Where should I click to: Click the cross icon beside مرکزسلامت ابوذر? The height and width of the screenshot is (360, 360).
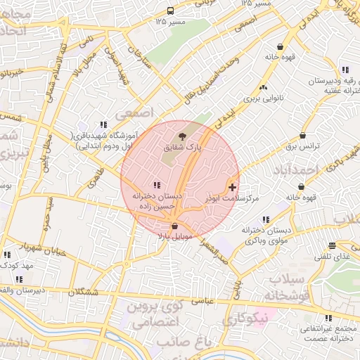[x=233, y=187]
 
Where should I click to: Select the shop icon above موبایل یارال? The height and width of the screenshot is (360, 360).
[x=174, y=226]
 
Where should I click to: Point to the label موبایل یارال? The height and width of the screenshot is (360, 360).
[x=174, y=238]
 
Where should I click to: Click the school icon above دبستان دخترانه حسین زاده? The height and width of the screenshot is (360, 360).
[x=155, y=184]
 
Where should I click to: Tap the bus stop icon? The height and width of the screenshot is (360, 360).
[x=171, y=11]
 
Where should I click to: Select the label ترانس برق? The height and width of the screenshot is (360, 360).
[x=302, y=147]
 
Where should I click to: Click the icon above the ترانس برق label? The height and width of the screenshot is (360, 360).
[x=303, y=136]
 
